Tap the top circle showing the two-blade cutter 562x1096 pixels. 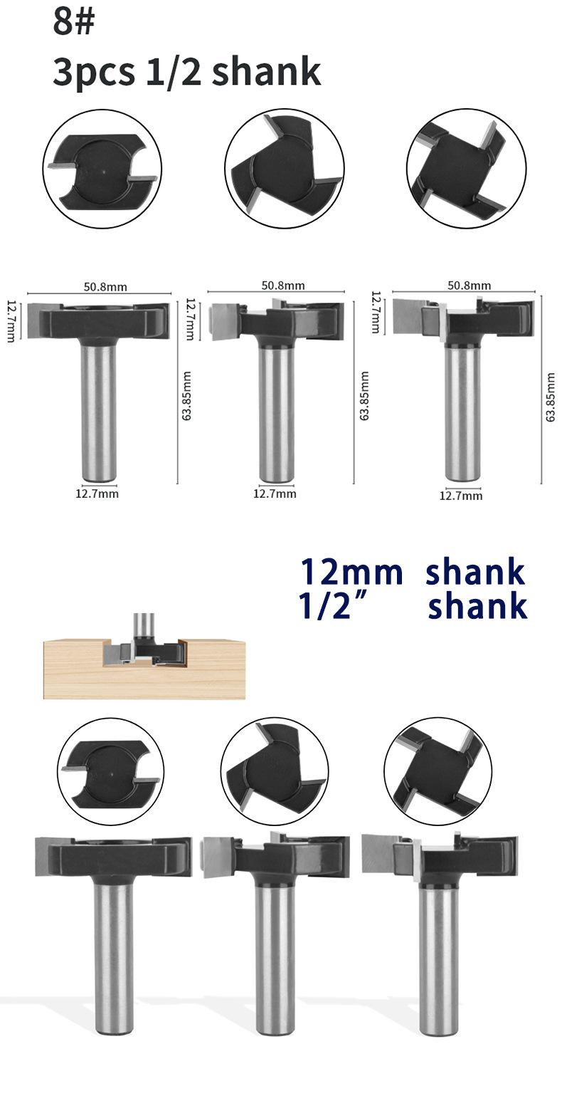tap(102, 169)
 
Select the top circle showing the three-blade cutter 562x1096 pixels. tap(285, 168)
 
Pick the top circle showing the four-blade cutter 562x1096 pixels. tap(466, 168)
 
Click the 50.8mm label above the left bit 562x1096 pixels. tap(105, 287)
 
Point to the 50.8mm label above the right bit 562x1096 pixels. tap(469, 286)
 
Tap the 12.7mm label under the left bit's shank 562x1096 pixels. tap(97, 494)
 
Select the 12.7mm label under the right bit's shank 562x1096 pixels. tap(461, 496)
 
